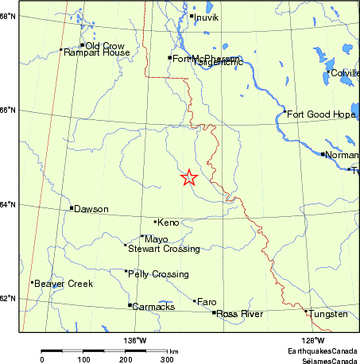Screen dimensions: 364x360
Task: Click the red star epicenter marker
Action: pyautogui.click(x=189, y=178)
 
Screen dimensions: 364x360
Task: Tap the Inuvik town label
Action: pyautogui.click(x=207, y=16)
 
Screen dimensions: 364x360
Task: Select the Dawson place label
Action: pyautogui.click(x=91, y=209)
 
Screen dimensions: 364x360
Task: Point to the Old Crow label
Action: pyautogui.click(x=103, y=46)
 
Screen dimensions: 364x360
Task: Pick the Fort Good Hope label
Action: pyautogui.click(x=315, y=114)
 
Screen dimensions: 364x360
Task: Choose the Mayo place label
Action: pyautogui.click(x=156, y=238)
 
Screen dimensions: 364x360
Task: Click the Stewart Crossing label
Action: pyautogui.click(x=164, y=249)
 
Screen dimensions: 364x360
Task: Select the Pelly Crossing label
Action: pyautogui.click(x=159, y=274)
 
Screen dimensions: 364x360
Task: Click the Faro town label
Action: pyautogui.click(x=206, y=303)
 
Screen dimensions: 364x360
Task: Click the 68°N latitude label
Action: pyautogui.click(x=9, y=16)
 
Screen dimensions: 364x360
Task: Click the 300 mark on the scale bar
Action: pyautogui.click(x=168, y=359)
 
